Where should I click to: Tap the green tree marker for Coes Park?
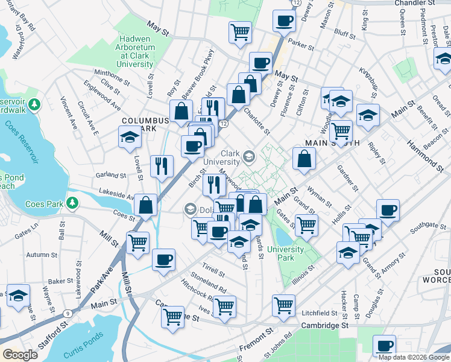pyautogui.click(x=73, y=202)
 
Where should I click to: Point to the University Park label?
pyautogui.click(x=285, y=253)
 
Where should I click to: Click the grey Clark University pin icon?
pyautogui.click(x=248, y=157)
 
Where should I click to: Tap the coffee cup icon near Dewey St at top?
pyautogui.click(x=284, y=21)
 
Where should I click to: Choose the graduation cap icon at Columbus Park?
pyautogui.click(x=130, y=138)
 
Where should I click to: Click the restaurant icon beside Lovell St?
pyautogui.click(x=162, y=166)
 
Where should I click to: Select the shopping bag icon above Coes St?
pyautogui.click(x=146, y=205)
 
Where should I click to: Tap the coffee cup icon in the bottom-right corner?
pyautogui.click(x=384, y=346)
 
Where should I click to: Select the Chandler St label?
pyautogui.click(x=414, y=4)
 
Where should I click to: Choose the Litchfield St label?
pyautogui.click(x=320, y=313)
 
